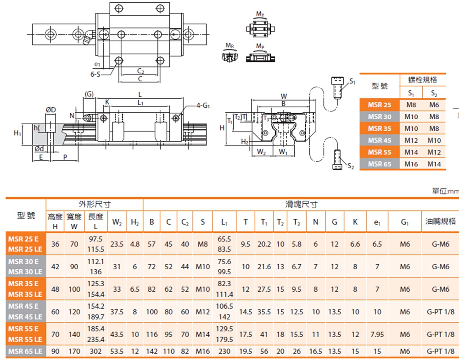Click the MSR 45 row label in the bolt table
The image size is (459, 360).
click(x=379, y=140)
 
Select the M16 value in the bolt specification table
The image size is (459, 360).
click(x=412, y=164)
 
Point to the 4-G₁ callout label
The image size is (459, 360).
click(x=203, y=105)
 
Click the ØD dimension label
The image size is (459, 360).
click(x=50, y=110)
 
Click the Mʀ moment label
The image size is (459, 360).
click(x=230, y=45)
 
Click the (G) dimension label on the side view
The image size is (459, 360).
click(x=89, y=94)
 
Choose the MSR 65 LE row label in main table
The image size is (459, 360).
click(x=26, y=352)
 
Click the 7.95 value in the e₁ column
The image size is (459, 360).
click(x=377, y=334)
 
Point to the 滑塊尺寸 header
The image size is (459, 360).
click(x=301, y=205)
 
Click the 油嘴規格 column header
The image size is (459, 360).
click(x=439, y=221)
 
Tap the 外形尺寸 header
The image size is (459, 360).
click(x=94, y=205)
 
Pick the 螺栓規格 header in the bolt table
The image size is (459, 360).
click(x=422, y=80)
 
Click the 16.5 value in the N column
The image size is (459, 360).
click(x=315, y=352)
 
